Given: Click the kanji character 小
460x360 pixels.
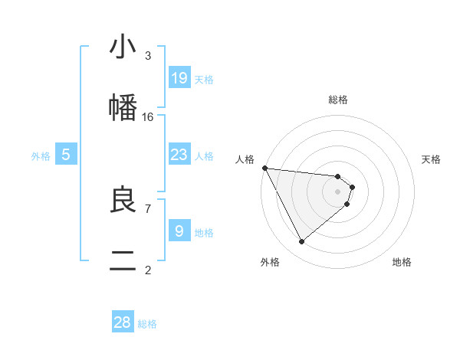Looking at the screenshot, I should pos(123,47).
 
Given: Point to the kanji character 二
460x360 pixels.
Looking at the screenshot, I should pos(123,261).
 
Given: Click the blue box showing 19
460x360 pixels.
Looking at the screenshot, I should pos(179,78).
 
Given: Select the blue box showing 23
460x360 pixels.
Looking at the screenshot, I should pos(179,155).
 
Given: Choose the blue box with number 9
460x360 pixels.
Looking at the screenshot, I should pos(179,231).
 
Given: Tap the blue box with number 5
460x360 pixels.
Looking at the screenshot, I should pos(66,155).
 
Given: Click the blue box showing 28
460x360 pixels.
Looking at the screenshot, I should pos(123,322).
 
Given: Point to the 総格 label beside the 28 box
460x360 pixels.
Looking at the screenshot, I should pos(147,324).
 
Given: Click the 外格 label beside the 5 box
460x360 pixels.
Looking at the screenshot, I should pos(41,156).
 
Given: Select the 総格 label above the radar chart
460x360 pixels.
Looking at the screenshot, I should pos(338,100).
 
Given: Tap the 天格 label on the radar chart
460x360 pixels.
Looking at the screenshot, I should pos(432,159).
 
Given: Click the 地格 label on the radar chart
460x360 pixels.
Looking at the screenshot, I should pos(402,262).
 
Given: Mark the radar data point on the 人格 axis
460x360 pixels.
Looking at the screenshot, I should pos(264,168).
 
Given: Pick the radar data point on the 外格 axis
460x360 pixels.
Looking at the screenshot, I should pos(301,242).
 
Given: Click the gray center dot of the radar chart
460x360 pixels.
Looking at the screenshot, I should pos(338,191).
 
